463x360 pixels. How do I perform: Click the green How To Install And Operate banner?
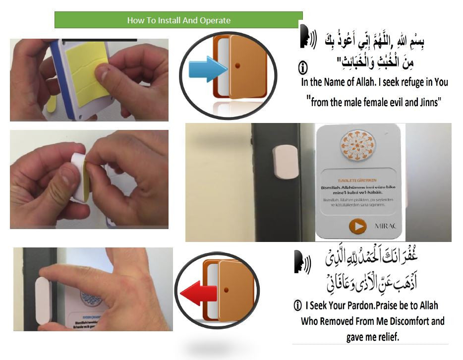click(178, 20)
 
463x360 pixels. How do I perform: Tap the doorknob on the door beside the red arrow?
click(227, 289)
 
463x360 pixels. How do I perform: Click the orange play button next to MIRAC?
click(357, 226)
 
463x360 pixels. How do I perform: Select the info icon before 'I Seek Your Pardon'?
click(297, 305)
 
